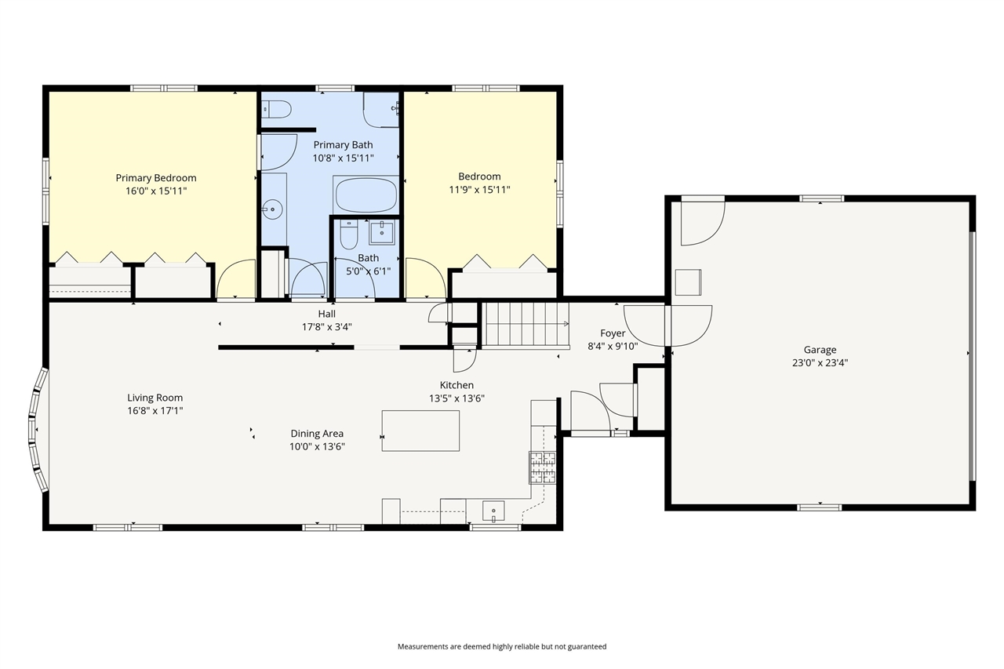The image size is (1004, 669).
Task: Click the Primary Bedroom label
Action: (156, 178)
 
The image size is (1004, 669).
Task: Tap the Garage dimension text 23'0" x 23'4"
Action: (820, 362)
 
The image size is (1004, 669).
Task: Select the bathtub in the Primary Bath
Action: (366, 195)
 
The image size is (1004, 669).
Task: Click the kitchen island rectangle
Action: (420, 431)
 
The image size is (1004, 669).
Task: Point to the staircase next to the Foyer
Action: (526, 324)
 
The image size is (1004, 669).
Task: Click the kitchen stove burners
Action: (543, 467)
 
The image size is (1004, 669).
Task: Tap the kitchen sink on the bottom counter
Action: (493, 511)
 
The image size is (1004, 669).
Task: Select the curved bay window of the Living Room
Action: (37, 430)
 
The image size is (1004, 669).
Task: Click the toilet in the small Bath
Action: (348, 235)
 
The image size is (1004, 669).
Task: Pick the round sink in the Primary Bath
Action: (272, 209)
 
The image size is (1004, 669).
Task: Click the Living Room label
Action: (155, 398)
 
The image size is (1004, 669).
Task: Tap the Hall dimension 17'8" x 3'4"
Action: (327, 327)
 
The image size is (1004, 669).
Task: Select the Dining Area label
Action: (318, 433)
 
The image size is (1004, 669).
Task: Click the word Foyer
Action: (613, 333)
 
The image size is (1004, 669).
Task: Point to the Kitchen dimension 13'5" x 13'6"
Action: (457, 398)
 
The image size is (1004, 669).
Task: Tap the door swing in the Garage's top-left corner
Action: (703, 224)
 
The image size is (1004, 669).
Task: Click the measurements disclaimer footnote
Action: (502, 646)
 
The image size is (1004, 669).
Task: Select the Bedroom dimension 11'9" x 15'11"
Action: (479, 190)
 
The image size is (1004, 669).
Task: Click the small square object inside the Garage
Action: (688, 282)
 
